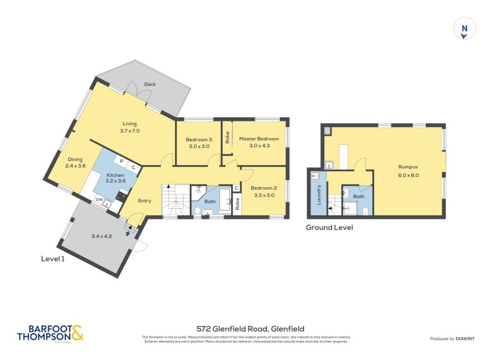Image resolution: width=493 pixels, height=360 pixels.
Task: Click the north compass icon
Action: pyautogui.click(x=464, y=30)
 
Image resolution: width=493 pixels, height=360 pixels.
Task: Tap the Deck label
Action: pyautogui.click(x=150, y=84)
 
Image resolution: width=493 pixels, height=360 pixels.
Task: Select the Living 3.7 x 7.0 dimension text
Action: pyautogui.click(x=130, y=131)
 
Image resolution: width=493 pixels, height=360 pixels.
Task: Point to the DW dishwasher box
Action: pyautogui.click(x=99, y=200)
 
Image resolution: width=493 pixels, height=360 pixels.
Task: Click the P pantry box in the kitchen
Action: pyautogui.click(x=121, y=162)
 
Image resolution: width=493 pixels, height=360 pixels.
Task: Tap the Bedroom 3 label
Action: pyautogui.click(x=198, y=139)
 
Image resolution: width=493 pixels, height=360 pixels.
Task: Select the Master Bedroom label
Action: pyautogui.click(x=259, y=139)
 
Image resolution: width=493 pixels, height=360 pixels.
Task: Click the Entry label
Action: pyautogui.click(x=144, y=200)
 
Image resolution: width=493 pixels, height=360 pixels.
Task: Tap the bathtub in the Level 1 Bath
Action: pyautogui.click(x=225, y=202)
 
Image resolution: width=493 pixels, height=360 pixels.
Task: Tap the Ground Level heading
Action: pyautogui.click(x=330, y=227)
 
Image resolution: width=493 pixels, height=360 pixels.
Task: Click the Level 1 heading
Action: pyautogui.click(x=52, y=259)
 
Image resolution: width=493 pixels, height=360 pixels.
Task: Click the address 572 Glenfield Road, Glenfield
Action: pyautogui.click(x=250, y=329)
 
